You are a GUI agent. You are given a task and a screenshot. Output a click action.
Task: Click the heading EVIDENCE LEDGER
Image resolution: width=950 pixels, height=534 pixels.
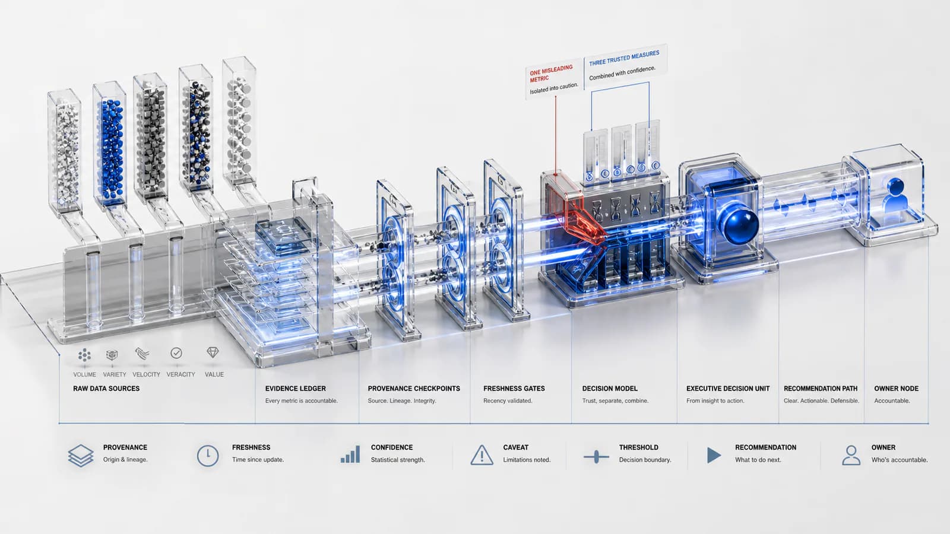click(x=295, y=388)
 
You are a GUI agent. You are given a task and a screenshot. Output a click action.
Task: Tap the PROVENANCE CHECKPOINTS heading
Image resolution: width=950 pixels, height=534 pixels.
click(x=413, y=388)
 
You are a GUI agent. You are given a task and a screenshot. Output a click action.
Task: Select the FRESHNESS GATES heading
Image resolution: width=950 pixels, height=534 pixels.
click(x=514, y=388)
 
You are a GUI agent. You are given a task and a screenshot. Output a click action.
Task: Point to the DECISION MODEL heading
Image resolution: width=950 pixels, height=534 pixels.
click(x=609, y=388)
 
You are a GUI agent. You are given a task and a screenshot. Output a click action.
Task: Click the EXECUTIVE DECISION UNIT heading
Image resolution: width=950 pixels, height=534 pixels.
click(x=728, y=388)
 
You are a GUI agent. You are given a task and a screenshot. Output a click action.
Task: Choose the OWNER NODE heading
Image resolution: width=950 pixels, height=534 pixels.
click(x=896, y=388)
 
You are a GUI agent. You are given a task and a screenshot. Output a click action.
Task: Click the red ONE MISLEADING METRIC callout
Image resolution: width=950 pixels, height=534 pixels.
click(x=551, y=74)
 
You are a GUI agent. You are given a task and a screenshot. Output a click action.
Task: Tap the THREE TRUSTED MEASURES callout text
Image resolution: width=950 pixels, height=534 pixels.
click(x=624, y=58)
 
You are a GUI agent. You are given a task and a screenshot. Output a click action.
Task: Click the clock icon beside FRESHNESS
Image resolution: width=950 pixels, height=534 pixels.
click(x=208, y=456)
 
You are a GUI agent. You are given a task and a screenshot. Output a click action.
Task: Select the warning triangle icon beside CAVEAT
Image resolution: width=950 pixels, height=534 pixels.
click(x=482, y=456)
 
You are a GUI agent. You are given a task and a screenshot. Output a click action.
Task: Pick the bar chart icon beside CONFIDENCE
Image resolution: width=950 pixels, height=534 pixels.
click(x=350, y=454)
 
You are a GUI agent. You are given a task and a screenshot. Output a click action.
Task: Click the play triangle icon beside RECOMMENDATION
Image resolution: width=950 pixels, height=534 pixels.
click(x=714, y=455)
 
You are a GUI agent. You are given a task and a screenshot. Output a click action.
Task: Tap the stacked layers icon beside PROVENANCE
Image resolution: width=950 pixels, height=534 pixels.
click(x=81, y=456)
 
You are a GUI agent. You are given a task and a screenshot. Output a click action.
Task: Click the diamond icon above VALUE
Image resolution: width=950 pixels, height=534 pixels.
click(x=213, y=352)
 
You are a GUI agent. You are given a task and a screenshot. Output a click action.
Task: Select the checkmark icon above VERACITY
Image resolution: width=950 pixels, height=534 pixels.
click(x=176, y=353)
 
